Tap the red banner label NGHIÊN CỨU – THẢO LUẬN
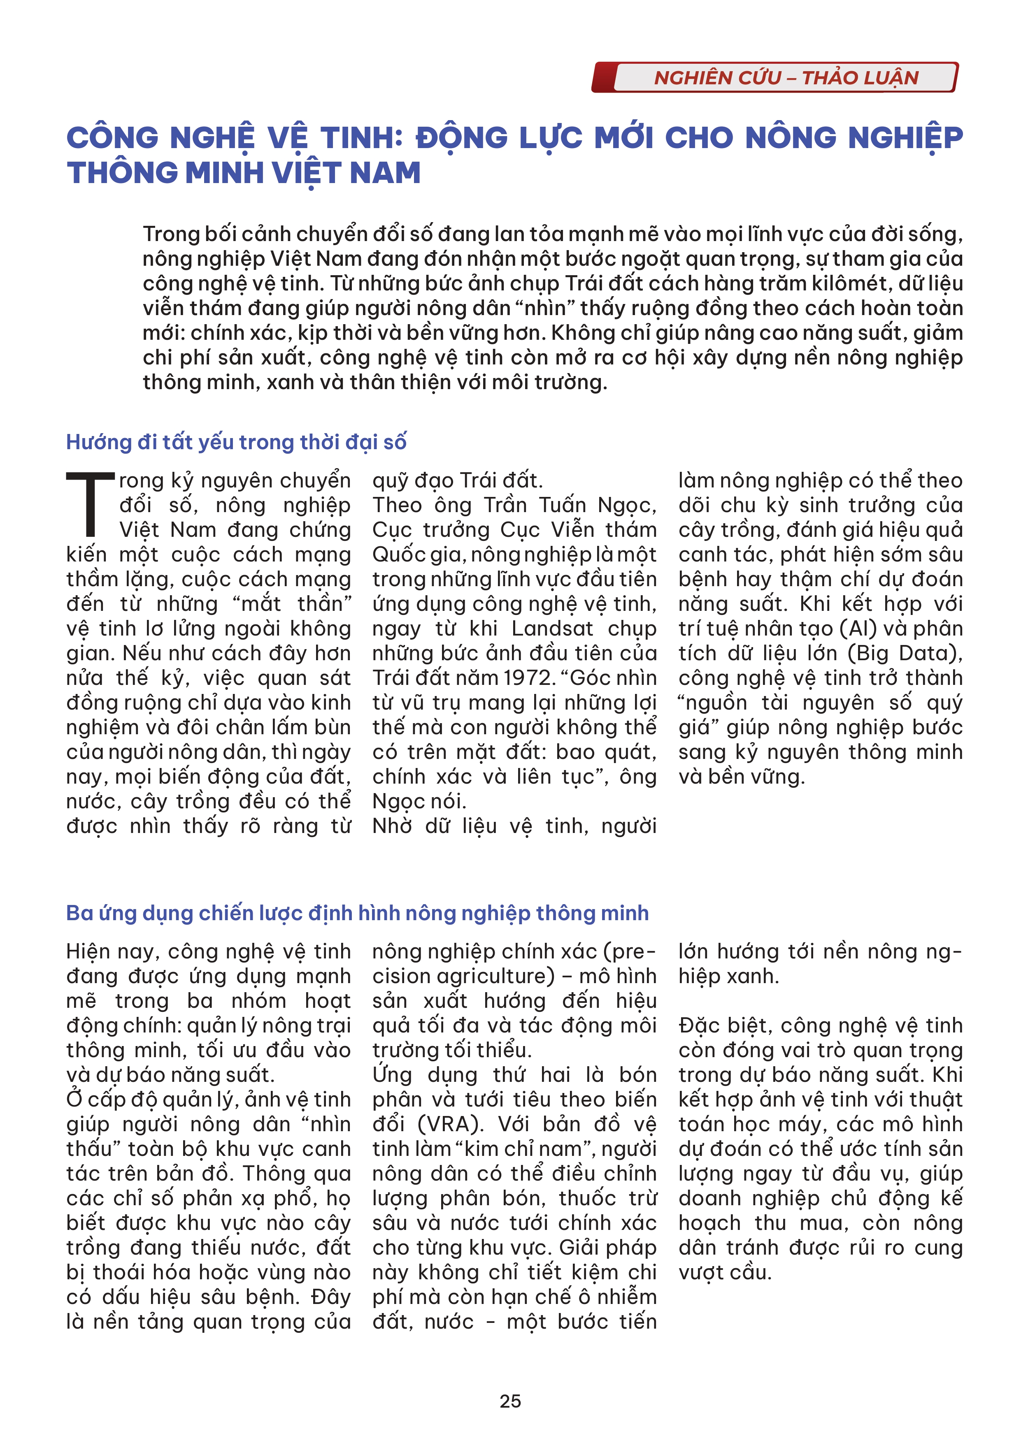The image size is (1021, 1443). click(x=786, y=78)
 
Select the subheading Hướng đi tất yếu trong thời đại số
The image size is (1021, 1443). click(x=236, y=443)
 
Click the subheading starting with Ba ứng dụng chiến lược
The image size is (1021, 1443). click(x=357, y=913)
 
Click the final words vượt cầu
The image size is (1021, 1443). click(x=724, y=1273)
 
